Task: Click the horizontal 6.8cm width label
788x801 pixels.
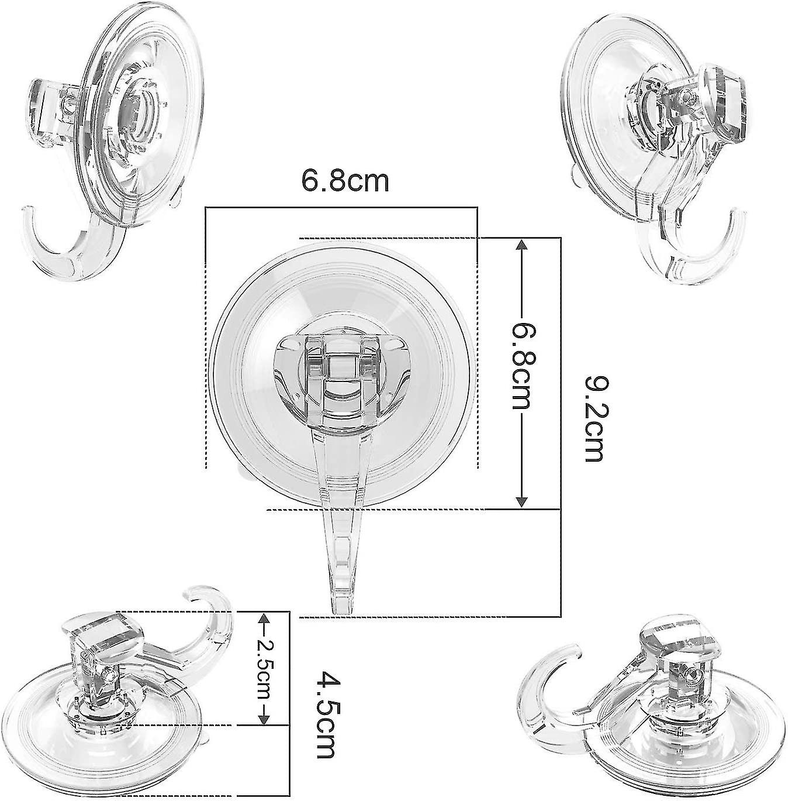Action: pos(345,181)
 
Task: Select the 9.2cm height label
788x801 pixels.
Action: pos(596,418)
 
